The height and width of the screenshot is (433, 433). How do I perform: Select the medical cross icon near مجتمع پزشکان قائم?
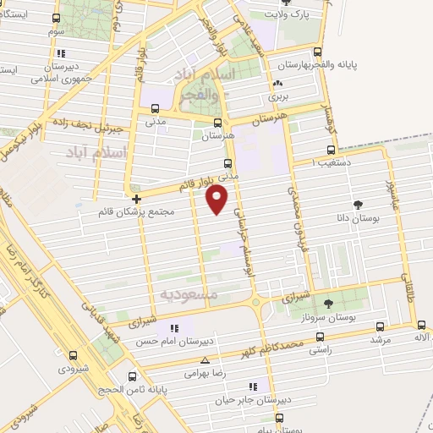pos(135,199)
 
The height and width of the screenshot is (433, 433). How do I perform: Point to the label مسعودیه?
pos(189,294)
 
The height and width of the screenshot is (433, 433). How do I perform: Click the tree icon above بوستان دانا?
pos(357,204)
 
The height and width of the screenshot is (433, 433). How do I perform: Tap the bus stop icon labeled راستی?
pos(317,333)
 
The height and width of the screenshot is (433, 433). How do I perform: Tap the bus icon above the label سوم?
pos(56,18)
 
